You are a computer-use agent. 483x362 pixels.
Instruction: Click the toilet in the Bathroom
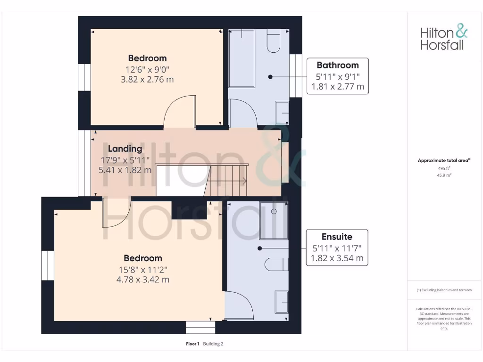coord(273,41)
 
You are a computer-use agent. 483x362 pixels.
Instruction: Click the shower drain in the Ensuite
coord(274,212)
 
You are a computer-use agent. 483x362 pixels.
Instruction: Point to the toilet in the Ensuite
coord(276,264)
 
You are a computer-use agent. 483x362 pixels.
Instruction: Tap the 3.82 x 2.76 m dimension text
coord(147,80)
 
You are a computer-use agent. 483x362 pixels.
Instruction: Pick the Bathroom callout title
coord(337,65)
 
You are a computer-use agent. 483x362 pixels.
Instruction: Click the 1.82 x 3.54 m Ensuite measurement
coord(337,258)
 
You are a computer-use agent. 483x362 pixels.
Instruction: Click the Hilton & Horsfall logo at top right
coord(444,38)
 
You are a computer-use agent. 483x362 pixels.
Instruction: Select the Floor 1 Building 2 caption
coord(205,344)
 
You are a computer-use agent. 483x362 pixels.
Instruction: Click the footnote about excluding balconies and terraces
coord(444,290)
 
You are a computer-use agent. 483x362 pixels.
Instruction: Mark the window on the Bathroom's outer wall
coord(296,75)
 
